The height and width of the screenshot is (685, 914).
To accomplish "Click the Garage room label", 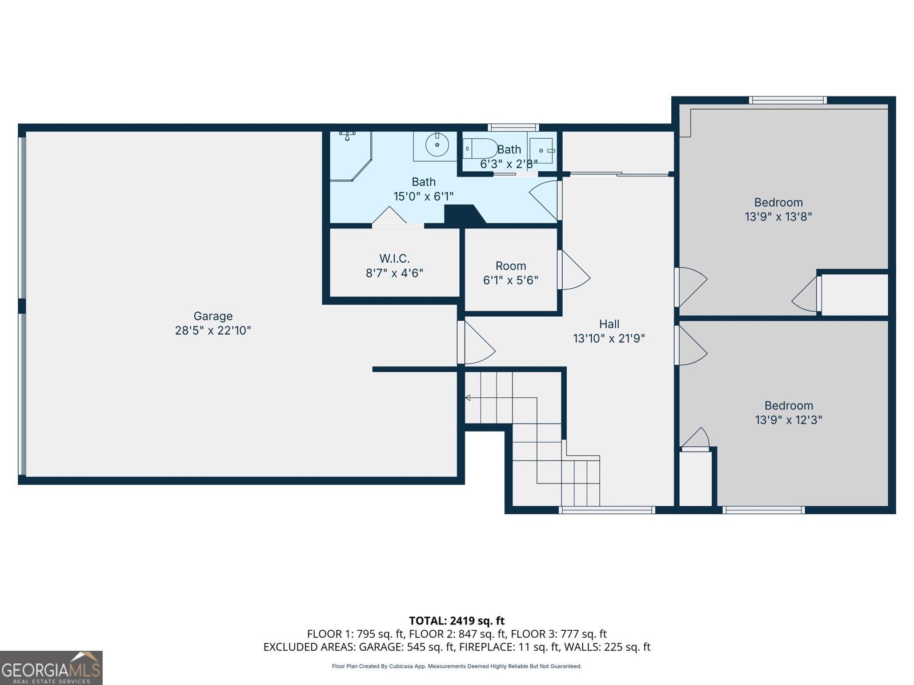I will (213, 316).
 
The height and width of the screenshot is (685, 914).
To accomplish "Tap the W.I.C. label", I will (394, 259).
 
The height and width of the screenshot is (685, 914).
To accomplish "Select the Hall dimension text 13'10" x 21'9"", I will (609, 339).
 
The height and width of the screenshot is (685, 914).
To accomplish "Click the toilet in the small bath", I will (479, 148).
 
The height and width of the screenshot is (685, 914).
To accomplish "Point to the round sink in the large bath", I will (437, 144).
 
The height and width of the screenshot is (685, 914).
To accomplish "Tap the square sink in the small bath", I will (542, 151).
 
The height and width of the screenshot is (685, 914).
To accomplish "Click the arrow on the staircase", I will (468, 398).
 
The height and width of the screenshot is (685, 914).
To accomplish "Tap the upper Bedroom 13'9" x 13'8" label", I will (778, 203).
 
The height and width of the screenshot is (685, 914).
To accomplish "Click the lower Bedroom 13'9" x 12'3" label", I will (788, 406).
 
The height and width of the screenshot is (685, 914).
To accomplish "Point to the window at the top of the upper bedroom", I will (788, 100).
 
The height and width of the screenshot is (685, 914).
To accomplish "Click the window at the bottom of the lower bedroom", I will (764, 510).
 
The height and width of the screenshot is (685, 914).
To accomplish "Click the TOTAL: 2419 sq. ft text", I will (456, 620).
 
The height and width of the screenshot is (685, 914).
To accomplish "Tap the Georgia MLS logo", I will (51, 668).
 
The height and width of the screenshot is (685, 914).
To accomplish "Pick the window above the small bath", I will (513, 127).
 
